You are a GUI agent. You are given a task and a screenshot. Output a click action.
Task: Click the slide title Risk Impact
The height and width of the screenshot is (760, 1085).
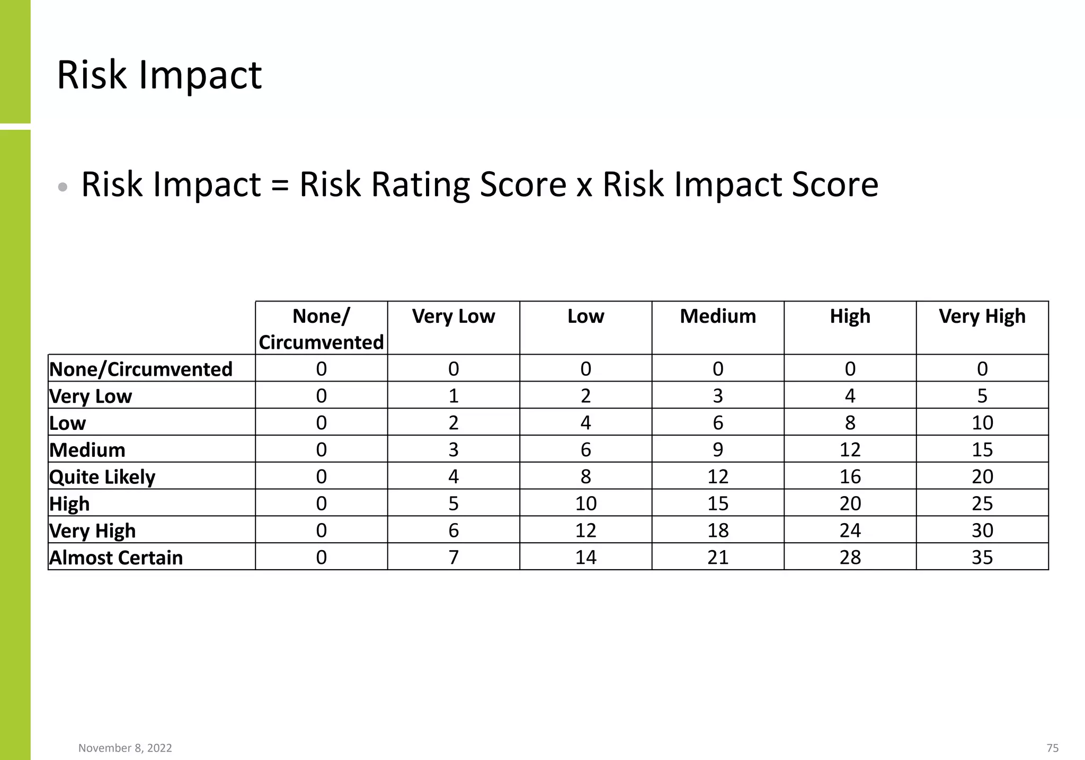[159, 75]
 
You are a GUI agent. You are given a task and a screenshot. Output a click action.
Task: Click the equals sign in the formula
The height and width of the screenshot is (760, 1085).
[280, 185]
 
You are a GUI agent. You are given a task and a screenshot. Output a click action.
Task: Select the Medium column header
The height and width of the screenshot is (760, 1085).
[718, 316]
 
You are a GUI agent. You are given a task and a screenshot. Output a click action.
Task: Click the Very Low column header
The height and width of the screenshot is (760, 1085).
[453, 316]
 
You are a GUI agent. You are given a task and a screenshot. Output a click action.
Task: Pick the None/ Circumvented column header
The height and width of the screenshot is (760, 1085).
[321, 329]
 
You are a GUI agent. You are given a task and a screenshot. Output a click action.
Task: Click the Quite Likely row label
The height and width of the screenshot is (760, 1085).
[102, 476]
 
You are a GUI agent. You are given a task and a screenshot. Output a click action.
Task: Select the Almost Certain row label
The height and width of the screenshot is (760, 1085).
[116, 558]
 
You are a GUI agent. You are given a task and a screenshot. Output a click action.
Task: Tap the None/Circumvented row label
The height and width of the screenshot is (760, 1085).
[141, 369]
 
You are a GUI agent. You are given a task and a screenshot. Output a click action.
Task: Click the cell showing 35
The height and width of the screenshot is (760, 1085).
[982, 558]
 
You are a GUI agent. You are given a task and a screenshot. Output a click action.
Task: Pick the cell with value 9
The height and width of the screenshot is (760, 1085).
[718, 449]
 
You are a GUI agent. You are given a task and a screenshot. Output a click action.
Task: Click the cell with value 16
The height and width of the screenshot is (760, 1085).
[850, 476]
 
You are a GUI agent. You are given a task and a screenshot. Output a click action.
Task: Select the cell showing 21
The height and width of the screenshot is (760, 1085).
[718, 558]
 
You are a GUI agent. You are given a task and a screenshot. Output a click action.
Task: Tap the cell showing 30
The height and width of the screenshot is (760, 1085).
[982, 531]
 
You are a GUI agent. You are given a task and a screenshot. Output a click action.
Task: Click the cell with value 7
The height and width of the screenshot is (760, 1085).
[453, 558]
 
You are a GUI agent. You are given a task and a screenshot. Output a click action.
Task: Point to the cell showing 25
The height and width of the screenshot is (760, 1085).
[982, 503]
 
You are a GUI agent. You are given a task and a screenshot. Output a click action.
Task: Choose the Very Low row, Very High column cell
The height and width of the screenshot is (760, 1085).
[982, 396]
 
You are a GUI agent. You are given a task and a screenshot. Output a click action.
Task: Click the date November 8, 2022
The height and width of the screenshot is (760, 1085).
[125, 748]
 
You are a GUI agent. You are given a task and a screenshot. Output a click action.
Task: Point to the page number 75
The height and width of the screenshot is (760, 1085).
[1052, 748]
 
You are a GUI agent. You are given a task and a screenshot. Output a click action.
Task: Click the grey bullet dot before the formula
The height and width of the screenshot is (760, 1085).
[63, 187]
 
